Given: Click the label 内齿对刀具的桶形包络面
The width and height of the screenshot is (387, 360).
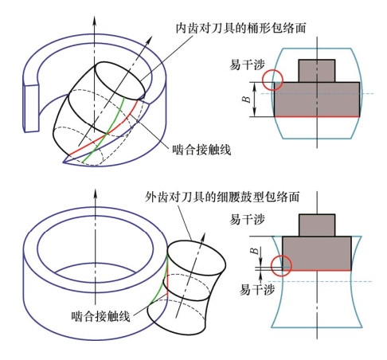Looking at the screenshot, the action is (241, 28).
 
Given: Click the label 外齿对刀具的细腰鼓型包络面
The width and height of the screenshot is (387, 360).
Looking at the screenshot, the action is (222, 197).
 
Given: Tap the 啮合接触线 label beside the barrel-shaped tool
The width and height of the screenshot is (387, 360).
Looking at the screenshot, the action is (201, 150).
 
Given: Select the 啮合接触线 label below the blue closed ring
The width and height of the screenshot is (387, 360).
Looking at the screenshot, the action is (100, 316).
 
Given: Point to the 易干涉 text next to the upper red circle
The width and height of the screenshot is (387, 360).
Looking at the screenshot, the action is (247, 65).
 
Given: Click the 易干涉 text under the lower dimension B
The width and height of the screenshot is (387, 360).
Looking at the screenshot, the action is (257, 289).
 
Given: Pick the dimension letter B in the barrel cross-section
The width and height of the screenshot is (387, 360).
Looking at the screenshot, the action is (247, 100).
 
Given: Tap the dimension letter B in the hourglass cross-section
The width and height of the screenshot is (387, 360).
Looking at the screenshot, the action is (254, 251).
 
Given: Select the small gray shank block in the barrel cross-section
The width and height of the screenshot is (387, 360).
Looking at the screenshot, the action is (317, 71).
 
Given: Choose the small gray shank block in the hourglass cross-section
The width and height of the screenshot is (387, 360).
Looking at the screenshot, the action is (317, 225).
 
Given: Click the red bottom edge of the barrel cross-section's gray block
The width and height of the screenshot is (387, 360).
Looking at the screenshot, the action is (317, 116).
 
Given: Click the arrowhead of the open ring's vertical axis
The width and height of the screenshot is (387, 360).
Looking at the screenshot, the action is (94, 22).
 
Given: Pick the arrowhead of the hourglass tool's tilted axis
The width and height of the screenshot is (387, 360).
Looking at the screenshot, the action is (203, 238).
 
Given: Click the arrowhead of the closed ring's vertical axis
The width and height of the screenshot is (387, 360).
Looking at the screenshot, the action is (96, 194).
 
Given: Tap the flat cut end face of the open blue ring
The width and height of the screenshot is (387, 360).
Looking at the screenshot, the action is (31, 108).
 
